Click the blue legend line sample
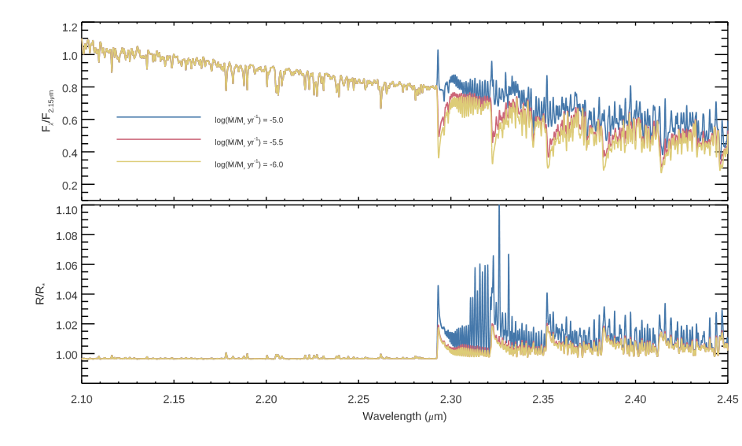coord(159,117)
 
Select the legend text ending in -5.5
coord(249,142)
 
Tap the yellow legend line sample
coord(159,161)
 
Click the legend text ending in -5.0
coord(249,120)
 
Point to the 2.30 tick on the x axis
coord(450,399)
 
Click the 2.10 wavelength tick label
coord(82,399)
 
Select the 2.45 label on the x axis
coord(728,399)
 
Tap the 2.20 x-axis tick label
coord(266,399)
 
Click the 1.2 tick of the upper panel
coord(69,28)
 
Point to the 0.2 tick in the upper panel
coord(69,185)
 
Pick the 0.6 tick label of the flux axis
coord(69,120)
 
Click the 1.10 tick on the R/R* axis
coord(67,210)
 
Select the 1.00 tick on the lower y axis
coord(67,355)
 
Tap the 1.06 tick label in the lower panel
coord(67,265)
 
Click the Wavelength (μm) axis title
coord(405,417)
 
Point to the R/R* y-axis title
coord(40,294)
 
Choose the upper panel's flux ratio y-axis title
coord(47,111)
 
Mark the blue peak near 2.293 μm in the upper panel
coord(438,50)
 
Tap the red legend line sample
coord(159,139)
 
